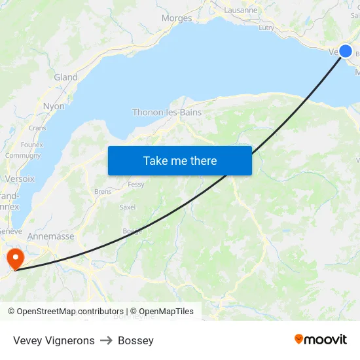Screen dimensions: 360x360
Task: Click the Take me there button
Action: coord(179,160)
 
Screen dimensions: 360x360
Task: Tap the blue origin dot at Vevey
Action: coord(346,52)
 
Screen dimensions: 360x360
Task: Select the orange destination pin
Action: coord(14,257)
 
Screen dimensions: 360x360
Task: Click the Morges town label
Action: coord(177,18)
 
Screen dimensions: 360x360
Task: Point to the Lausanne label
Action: coord(240,10)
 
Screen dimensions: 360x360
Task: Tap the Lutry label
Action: coord(266,27)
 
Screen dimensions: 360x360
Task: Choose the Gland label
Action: coord(65,77)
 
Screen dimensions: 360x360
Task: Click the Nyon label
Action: coord(54,106)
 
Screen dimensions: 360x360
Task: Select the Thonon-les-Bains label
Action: coord(167,113)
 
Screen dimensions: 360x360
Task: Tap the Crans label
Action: coord(37,128)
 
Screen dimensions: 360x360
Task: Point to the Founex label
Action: coord(31,145)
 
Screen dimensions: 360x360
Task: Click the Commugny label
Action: coord(23,156)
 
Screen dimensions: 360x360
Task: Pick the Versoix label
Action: coord(20,179)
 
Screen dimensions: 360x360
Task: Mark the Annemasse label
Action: coord(50,236)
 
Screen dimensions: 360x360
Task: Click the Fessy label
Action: coord(136,185)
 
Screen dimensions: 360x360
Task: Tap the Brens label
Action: coord(103,192)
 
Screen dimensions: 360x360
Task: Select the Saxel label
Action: coord(127,207)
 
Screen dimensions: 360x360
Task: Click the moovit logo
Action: coord(320,340)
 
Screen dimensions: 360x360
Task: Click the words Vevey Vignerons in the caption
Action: coord(54,340)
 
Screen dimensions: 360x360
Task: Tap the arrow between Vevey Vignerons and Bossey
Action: coord(106,340)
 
